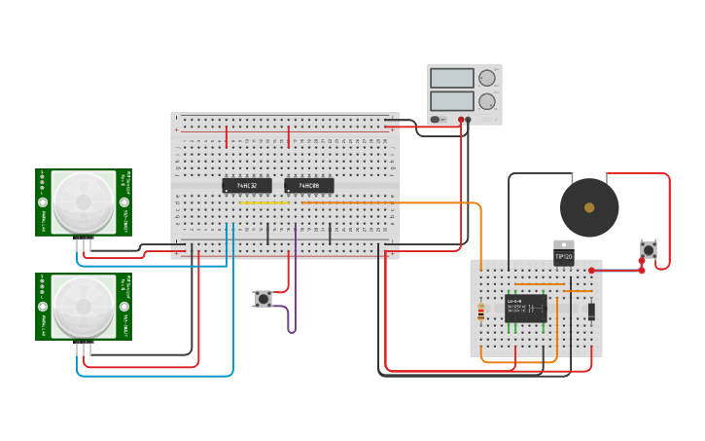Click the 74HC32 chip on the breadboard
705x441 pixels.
tap(246, 185)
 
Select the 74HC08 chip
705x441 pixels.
tap(308, 185)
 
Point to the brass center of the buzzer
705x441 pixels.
tap(589, 207)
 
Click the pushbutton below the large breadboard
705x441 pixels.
tap(263, 299)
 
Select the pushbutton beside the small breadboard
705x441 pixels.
tap(648, 250)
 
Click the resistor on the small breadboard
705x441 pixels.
tap(480, 312)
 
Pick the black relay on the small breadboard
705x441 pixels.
tap(525, 309)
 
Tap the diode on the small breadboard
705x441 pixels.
tap(591, 312)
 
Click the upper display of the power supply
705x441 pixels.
tap(451, 78)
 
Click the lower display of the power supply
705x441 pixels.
tap(451, 100)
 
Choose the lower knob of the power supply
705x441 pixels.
tap(486, 101)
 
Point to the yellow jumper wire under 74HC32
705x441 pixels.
tap(264, 202)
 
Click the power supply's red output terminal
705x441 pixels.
tap(468, 120)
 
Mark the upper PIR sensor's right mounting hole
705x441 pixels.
tap(123, 202)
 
